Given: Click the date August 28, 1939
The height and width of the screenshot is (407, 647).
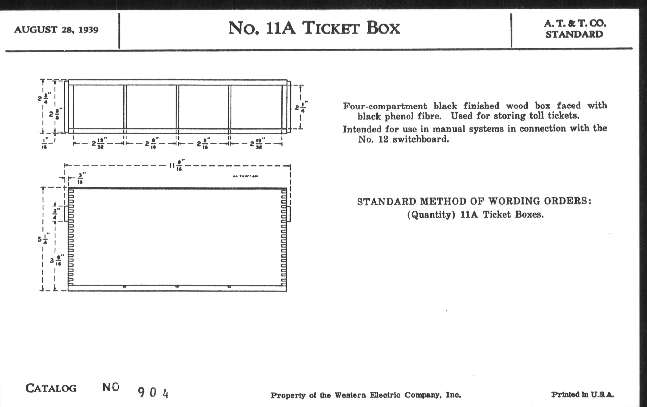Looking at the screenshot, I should [x=56, y=29].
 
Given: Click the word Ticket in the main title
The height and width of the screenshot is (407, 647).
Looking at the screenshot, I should [x=331, y=28].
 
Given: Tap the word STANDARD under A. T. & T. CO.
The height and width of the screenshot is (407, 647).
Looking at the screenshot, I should [x=574, y=34].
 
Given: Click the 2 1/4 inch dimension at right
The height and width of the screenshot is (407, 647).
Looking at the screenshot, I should [x=301, y=107].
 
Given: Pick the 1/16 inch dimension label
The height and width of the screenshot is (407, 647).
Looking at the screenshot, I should [x=45, y=143].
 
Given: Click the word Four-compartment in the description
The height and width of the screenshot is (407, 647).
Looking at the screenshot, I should [x=385, y=106].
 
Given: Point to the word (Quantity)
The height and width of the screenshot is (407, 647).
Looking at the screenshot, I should [x=431, y=215].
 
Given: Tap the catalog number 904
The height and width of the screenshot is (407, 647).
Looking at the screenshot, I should [x=153, y=393].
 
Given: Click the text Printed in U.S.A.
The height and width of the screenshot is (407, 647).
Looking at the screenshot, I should [x=583, y=394].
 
